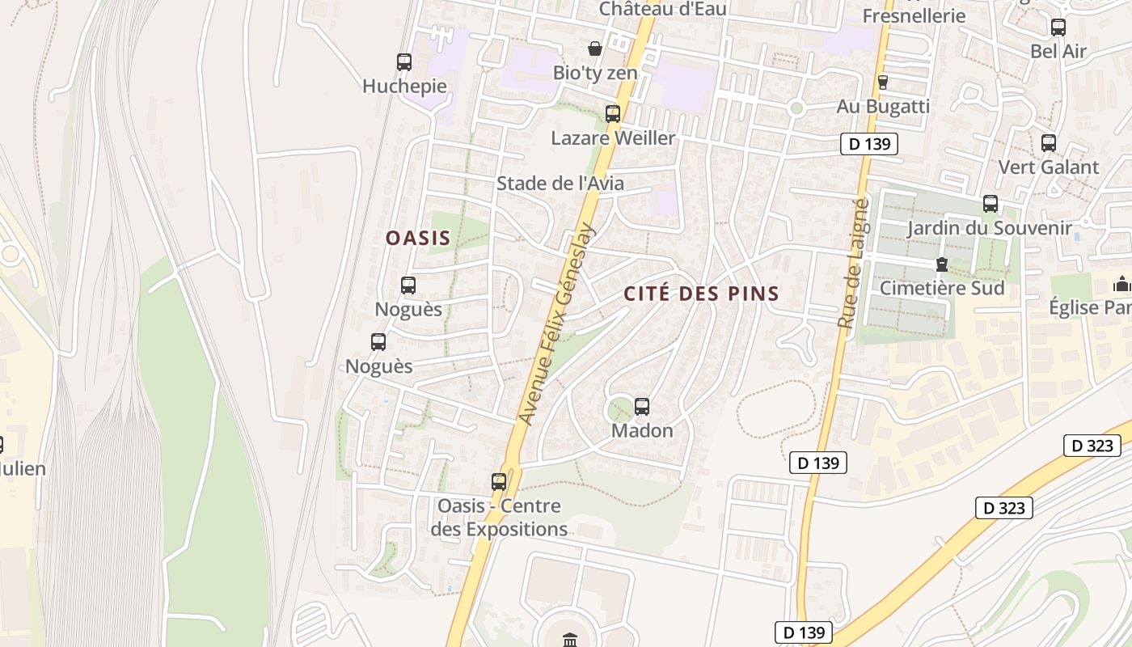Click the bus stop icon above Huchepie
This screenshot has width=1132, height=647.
point(404,62)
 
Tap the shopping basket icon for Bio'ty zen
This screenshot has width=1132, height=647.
point(595,49)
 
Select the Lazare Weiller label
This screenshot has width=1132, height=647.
point(613,138)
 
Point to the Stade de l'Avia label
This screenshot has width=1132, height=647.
point(560,184)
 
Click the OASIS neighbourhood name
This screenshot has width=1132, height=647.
point(417,239)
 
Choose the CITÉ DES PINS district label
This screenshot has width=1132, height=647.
point(701,294)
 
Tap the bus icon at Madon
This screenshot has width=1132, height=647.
point(642,407)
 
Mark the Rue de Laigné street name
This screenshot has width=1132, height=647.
point(853,264)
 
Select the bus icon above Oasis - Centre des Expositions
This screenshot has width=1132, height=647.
point(499,482)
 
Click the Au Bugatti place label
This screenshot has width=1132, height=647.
point(883,107)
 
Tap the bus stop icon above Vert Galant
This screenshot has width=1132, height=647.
point(1049,143)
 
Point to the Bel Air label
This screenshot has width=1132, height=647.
point(1058,51)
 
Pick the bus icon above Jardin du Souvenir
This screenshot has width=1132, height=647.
point(990,204)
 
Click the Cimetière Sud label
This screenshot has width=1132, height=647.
point(942,288)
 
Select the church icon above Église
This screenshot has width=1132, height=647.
point(1121,284)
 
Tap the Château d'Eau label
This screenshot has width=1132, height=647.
point(662,9)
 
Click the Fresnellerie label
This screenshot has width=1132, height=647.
point(914,15)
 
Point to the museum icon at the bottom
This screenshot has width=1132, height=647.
point(570,640)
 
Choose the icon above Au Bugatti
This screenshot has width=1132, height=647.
point(883,82)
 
